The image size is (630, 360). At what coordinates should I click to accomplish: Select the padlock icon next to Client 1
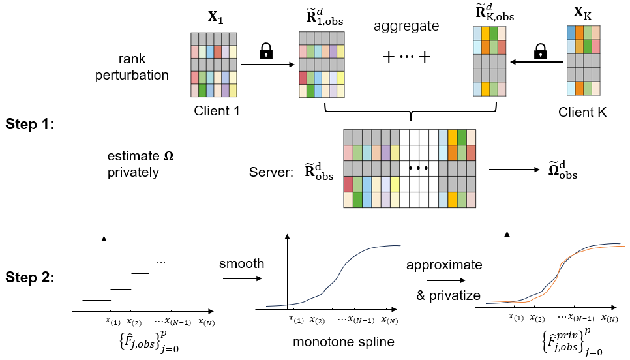[265, 52]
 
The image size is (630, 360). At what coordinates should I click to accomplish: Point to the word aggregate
[406, 27]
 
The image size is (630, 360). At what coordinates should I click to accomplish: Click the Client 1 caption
[217, 111]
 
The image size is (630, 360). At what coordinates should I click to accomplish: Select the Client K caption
[582, 112]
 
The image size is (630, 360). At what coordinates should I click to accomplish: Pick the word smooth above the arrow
[242, 264]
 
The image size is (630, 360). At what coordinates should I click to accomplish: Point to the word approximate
[443, 265]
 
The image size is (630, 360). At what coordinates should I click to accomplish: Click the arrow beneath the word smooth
[242, 278]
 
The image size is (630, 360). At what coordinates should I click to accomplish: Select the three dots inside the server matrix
[417, 168]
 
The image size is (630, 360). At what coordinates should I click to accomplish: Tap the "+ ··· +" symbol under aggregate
[407, 57]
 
